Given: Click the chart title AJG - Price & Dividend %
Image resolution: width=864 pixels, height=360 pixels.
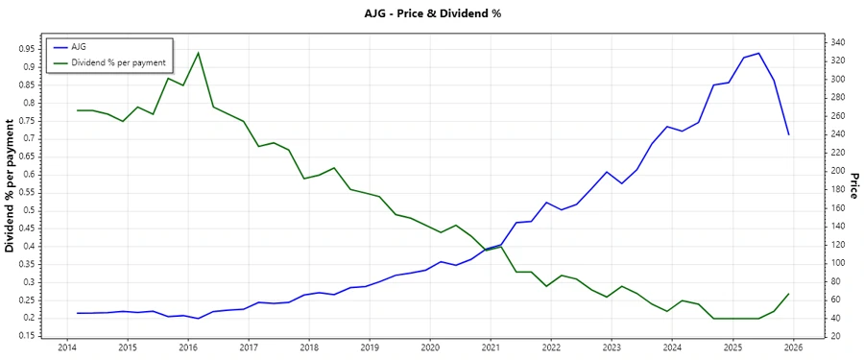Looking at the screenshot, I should tap(432, 13).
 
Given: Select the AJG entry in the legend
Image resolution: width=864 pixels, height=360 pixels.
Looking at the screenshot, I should tap(79, 46).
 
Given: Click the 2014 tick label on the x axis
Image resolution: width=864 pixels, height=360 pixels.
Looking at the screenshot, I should tap(67, 347).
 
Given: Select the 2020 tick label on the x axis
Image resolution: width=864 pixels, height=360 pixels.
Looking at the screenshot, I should tap(430, 347).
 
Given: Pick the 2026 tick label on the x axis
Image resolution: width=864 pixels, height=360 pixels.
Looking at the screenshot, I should tap(793, 347).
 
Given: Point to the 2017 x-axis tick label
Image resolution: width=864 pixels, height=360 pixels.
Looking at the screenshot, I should tap(249, 347).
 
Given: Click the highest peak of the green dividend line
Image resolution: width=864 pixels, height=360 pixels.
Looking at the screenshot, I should tap(198, 53).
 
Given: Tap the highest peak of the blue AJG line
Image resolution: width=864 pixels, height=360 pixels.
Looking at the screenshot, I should tap(758, 53).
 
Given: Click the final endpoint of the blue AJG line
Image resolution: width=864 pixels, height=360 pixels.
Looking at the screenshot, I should tap(788, 134).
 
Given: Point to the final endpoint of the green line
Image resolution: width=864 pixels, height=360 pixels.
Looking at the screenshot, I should tap(788, 294).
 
